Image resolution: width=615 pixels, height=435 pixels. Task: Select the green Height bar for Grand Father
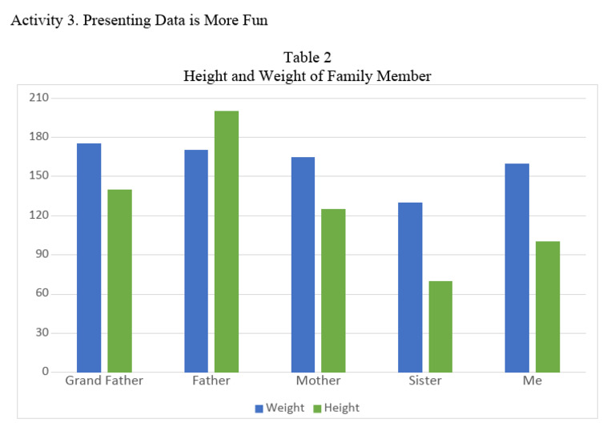point(119,281)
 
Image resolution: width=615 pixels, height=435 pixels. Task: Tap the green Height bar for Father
point(227,241)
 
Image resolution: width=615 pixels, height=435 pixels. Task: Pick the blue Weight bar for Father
point(196,261)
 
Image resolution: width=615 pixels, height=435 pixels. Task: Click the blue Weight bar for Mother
point(303,264)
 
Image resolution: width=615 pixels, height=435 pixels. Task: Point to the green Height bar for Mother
point(333,290)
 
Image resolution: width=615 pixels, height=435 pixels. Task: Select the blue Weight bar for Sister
point(410,287)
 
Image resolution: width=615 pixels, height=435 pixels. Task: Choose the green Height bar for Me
point(548,306)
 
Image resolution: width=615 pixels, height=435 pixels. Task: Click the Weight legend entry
point(279,408)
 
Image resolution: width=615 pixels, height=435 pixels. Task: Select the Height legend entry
point(336,408)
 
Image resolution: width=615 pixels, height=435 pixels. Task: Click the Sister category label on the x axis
point(425,381)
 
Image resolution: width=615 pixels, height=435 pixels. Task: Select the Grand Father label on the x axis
point(104,381)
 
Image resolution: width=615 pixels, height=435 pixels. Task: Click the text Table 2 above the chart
point(307,58)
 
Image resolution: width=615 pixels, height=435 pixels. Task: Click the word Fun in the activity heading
point(254,21)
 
